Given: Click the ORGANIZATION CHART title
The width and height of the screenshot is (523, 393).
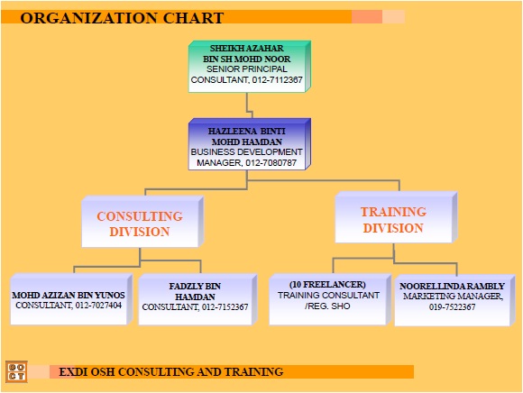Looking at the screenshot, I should coord(122,17).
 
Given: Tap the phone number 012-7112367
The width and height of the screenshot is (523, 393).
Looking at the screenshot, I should coord(277,80).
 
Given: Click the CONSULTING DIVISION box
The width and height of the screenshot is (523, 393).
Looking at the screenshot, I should coord(139,223).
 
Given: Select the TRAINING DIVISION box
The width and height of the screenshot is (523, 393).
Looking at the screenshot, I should coord(393,219).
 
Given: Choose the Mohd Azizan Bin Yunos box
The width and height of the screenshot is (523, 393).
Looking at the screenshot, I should coord(69,300).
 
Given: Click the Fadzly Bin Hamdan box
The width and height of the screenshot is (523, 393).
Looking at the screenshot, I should coord(195,300).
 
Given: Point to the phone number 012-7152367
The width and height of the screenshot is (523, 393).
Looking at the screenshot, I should coord(219,307).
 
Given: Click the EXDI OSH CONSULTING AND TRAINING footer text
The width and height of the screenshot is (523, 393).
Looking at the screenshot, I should coord(170,371).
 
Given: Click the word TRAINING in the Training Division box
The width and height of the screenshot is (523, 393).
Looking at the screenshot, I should coord(393,212).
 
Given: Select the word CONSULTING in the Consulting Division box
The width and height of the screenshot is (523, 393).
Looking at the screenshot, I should coord(139,216).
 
